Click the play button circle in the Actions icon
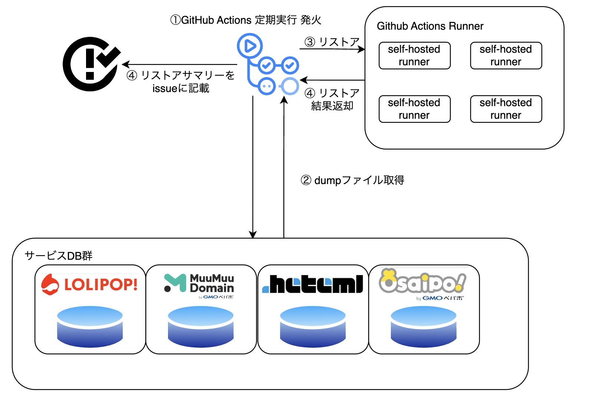[x=250, y=46]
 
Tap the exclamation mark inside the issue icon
[x=90, y=63]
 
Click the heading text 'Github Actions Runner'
[x=430, y=26]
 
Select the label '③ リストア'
[x=332, y=42]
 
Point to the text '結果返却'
[x=332, y=106]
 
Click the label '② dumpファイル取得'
[x=352, y=180]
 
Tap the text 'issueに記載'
[x=181, y=88]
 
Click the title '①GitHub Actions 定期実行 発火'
[x=246, y=20]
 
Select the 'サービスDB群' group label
[x=59, y=256]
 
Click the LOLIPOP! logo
[x=90, y=285]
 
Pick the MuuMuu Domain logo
[x=199, y=285]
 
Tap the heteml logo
[x=313, y=285]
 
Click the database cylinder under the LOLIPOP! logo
[x=90, y=327]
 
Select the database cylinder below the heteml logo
[x=313, y=327]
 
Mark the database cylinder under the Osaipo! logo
[x=424, y=327]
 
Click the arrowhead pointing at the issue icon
[x=125, y=65]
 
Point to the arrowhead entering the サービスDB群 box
[x=253, y=235]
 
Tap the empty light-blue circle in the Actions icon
[x=290, y=86]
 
